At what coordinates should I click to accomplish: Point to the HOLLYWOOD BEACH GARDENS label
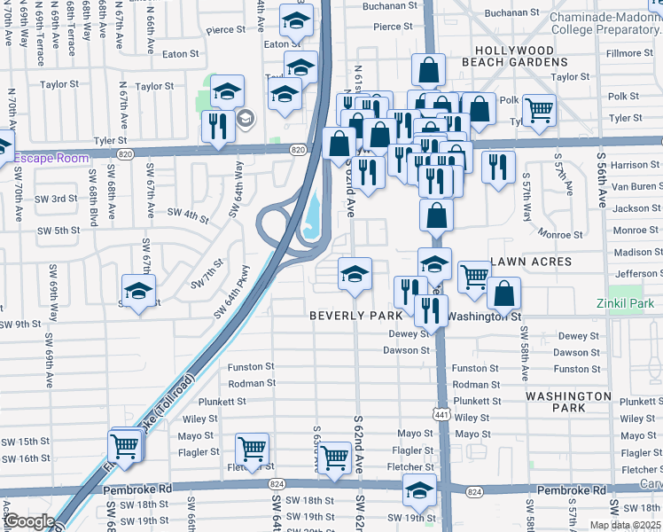[520, 57]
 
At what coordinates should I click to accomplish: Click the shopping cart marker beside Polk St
[539, 111]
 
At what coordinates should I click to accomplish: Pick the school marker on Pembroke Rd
[419, 489]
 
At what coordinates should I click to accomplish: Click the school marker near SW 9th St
[139, 290]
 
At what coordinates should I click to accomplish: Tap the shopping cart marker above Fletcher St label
[253, 449]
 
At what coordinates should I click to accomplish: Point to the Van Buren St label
[636, 186]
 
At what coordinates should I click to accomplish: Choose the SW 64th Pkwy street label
[232, 291]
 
